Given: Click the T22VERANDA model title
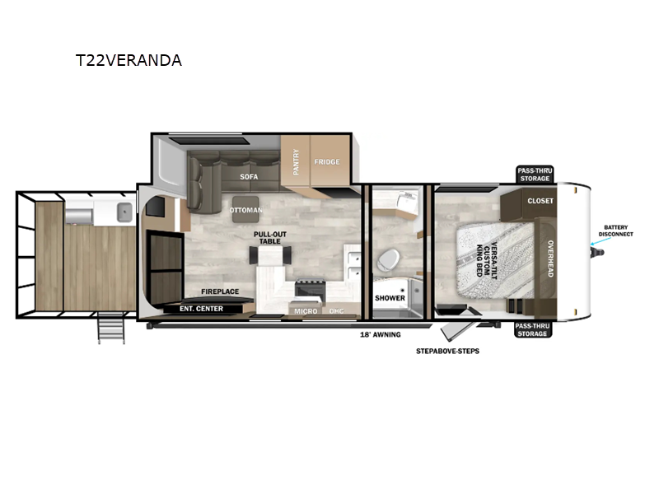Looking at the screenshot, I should pyautogui.click(x=128, y=60).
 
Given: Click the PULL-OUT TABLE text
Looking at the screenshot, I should pyautogui.click(x=269, y=238).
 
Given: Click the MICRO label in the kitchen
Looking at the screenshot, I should pyautogui.click(x=306, y=310).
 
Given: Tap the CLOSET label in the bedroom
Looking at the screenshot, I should pyautogui.click(x=540, y=201).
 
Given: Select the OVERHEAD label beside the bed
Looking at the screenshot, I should pyautogui.click(x=550, y=258).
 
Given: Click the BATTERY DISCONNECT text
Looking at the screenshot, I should pyautogui.click(x=618, y=231).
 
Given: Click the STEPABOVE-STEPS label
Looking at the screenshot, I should pyautogui.click(x=448, y=351).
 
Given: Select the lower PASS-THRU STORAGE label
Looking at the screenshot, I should pyautogui.click(x=534, y=330).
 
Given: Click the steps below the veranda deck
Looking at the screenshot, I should pyautogui.click(x=110, y=329).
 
